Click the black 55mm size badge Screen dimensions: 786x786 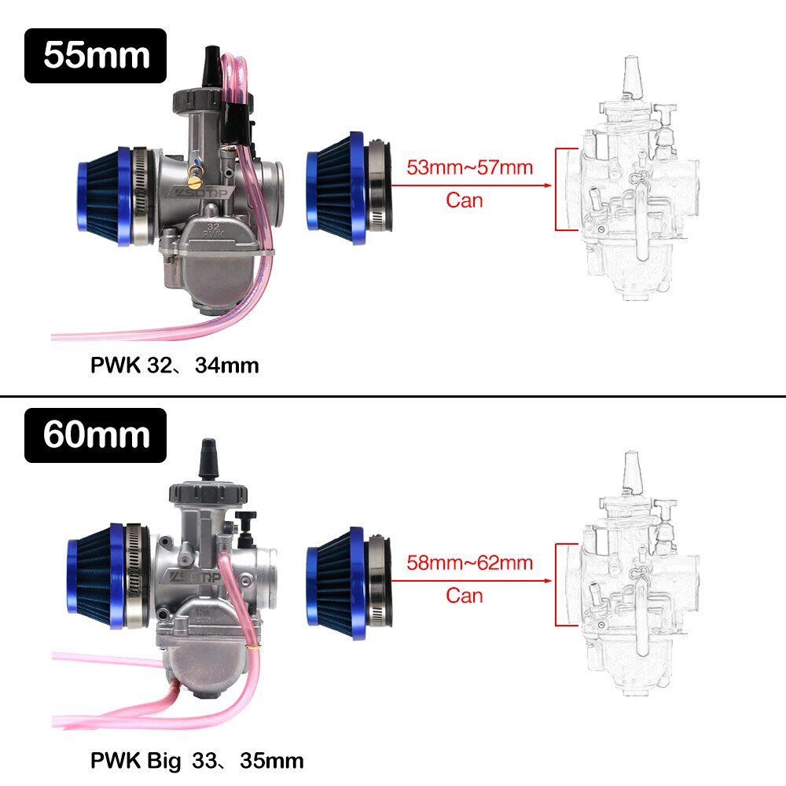tap(95, 56)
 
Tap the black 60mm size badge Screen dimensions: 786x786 tap(95, 435)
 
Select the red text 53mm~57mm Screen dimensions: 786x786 tap(469, 167)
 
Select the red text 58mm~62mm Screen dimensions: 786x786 tap(469, 563)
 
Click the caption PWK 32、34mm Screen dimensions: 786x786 tap(174, 365)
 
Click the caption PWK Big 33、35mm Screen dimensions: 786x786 tap(196, 761)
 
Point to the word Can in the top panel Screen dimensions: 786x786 tap(465, 200)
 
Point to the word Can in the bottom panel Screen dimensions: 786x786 tap(465, 595)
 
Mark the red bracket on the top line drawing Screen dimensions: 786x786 tap(557, 189)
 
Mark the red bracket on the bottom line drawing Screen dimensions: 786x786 tap(557, 584)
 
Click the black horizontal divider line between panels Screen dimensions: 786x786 tap(393, 396)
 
